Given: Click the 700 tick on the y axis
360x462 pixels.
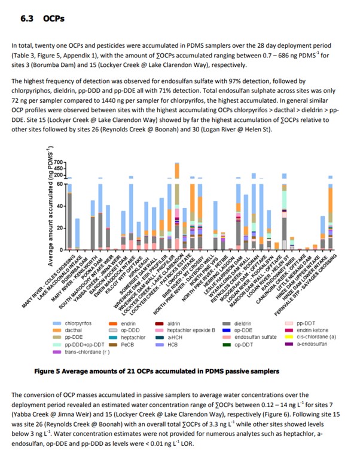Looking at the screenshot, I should click(59, 163).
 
